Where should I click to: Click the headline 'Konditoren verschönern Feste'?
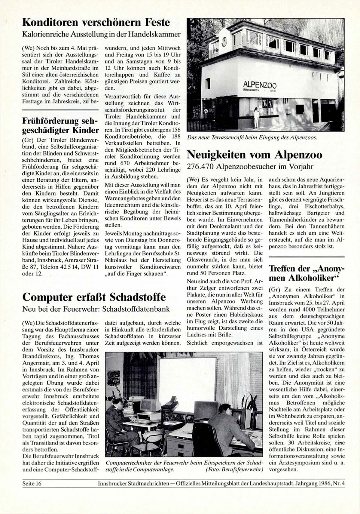coord(96,23)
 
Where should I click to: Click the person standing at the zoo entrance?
coord(256,117)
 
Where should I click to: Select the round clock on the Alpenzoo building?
coord(224,42)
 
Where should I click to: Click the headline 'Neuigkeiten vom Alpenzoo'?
coord(255,155)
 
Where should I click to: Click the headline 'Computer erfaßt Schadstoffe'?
coord(94,297)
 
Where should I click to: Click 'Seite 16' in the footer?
coord(32,484)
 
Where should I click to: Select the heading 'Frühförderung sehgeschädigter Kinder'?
coord(60,126)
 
